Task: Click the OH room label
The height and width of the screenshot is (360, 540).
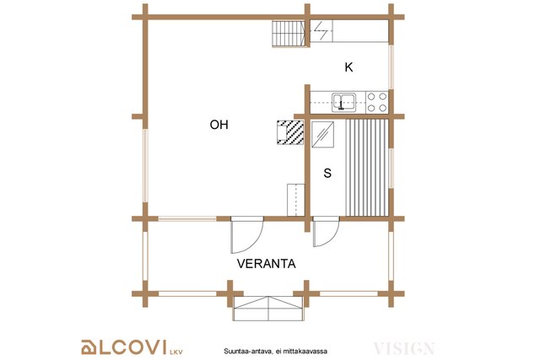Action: tap(219, 125)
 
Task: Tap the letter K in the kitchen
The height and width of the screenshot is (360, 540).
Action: tap(348, 67)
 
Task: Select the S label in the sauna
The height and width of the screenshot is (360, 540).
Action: tap(327, 173)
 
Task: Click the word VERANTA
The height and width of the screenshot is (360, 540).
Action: tap(267, 264)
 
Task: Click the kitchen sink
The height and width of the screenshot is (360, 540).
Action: tap(344, 102)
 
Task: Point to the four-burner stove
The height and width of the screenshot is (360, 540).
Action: tap(377, 102)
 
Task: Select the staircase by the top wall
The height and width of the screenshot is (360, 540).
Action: tap(289, 34)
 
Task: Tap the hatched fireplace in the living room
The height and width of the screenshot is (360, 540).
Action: tap(290, 132)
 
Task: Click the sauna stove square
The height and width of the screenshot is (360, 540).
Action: tap(322, 134)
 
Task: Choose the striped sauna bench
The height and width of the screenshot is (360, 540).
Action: tap(367, 168)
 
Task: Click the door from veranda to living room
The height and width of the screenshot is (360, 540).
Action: tap(247, 234)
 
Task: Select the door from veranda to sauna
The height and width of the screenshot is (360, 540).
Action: tap(327, 231)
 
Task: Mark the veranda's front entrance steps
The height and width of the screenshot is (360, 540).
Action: tap(268, 308)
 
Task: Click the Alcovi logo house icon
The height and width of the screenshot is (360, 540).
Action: tap(89, 347)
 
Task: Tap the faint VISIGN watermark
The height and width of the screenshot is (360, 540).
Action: tap(404, 348)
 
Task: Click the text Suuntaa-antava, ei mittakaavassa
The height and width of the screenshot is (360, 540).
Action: tap(276, 352)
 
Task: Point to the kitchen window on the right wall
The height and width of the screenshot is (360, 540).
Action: tap(391, 67)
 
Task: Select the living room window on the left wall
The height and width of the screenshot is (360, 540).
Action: tap(145, 165)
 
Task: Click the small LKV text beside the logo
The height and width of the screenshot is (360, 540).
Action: tap(176, 352)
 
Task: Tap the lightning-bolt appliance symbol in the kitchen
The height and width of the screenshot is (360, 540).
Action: tap(321, 31)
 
